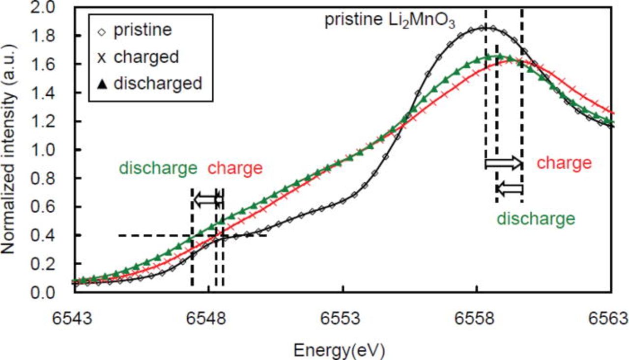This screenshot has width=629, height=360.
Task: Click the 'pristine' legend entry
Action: pos(143,30)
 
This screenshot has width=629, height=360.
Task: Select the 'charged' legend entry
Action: pos(145,56)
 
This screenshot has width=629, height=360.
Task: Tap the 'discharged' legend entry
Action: pos(157,83)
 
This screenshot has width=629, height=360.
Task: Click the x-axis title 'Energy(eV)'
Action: pos(339,350)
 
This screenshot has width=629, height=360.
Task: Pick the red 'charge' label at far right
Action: pos(564,163)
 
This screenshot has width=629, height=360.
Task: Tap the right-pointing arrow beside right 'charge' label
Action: pos(503,163)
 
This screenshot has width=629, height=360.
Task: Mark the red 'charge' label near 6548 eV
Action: pos(235,168)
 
